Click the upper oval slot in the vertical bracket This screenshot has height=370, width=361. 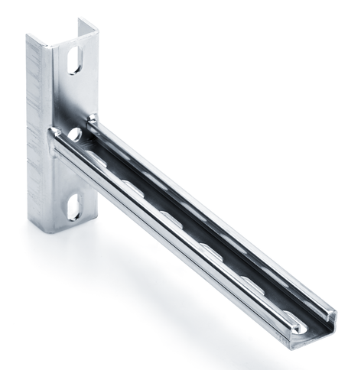click(x=74, y=60)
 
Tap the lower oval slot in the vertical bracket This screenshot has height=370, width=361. click(x=73, y=206)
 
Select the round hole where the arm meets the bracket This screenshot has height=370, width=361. click(x=75, y=135)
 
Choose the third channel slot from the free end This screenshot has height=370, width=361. click(x=211, y=248)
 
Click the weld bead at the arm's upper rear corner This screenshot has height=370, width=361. click(x=93, y=118)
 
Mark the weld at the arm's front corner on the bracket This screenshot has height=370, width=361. click(x=54, y=135)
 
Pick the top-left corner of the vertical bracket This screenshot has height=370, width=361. click(x=28, y=37)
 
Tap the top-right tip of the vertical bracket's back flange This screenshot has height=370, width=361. click(x=96, y=23)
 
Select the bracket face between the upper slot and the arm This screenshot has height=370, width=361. click(x=73, y=99)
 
